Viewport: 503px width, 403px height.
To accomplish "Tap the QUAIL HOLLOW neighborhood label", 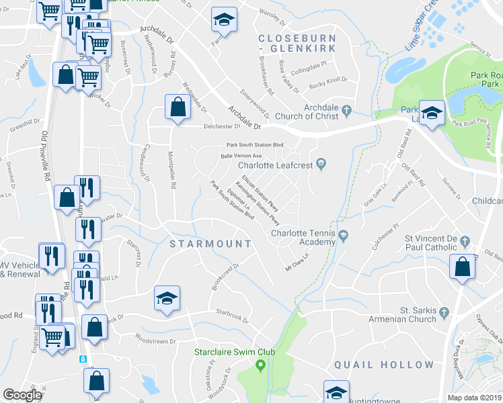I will click(384, 365).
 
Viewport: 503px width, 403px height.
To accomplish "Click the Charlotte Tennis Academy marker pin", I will click(344, 235).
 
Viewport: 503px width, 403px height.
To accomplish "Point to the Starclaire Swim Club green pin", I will click(261, 365).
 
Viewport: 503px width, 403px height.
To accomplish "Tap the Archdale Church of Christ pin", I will click(346, 110).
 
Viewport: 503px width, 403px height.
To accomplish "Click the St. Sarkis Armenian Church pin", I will click(443, 312).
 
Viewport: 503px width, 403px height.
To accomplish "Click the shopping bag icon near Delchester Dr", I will click(177, 107).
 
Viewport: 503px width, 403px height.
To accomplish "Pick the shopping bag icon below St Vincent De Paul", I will click(462, 267).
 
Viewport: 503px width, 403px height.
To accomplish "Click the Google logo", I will click(23, 395).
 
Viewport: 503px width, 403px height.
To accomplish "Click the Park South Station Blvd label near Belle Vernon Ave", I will click(255, 145).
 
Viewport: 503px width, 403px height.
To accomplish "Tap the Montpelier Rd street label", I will click(173, 180).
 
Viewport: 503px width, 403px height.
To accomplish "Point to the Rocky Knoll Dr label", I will click(328, 84).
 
